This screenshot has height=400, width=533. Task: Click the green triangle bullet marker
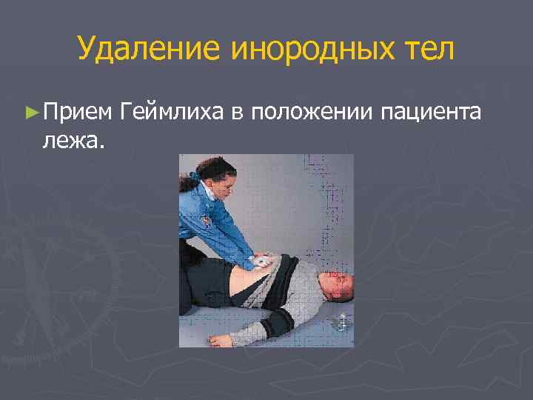tap(30, 112)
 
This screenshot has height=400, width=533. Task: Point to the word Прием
tap(77, 112)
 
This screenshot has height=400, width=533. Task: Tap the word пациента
tap(433, 112)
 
